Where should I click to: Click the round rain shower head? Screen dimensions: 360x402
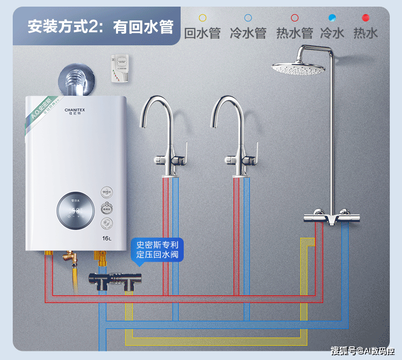coord(298,68)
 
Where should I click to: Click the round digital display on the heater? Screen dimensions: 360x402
coord(75,211)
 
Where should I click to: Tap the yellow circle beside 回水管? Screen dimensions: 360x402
coord(203,18)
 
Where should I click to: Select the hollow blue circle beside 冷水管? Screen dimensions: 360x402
coord(248,18)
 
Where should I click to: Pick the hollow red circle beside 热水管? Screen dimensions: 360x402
coord(294,18)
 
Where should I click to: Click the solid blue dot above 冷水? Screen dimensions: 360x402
coord(332,18)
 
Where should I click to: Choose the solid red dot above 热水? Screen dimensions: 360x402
coord(365,18)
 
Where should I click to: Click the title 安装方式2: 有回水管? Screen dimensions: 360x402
coord(100,26)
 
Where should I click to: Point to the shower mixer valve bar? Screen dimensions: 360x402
coord(326,217)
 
